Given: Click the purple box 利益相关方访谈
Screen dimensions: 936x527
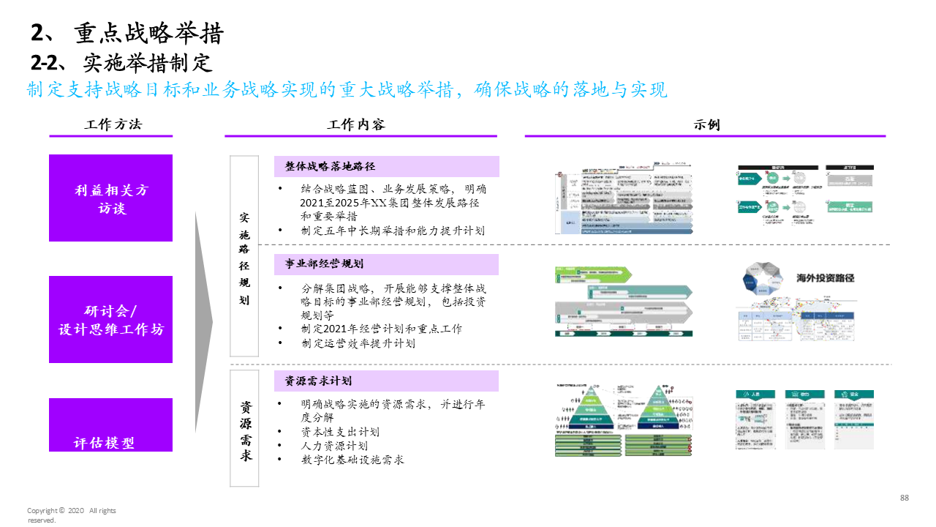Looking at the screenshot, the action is pyautogui.click(x=110, y=198).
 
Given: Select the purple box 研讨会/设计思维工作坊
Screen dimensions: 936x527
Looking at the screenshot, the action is pyautogui.click(x=110, y=319).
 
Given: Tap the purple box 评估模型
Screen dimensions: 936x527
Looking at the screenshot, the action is pyautogui.click(x=110, y=425).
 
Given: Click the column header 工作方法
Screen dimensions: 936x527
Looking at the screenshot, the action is pyautogui.click(x=113, y=124).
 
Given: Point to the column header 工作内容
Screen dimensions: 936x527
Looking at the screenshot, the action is pyautogui.click(x=355, y=124).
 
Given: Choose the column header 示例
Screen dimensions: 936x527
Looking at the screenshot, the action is pyautogui.click(x=706, y=124).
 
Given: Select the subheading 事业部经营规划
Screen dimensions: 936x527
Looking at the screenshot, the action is pyautogui.click(x=324, y=264).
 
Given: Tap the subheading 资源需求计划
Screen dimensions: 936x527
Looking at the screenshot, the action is pyautogui.click(x=318, y=381).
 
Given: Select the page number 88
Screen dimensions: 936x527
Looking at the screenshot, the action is pyautogui.click(x=904, y=498).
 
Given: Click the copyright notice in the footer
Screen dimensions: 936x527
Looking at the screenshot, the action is pyautogui.click(x=71, y=515).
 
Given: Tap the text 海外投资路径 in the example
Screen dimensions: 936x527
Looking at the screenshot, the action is pyautogui.click(x=825, y=278).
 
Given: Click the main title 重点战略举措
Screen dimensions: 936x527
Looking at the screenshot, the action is pyautogui.click(x=148, y=34).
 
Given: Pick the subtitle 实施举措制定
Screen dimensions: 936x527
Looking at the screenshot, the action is pyautogui.click(x=147, y=63).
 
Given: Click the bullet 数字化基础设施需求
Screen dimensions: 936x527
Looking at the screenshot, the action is pyautogui.click(x=352, y=460).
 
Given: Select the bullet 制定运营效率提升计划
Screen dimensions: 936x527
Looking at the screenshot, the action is pyautogui.click(x=358, y=343).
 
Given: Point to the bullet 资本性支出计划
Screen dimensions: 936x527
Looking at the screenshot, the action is pyautogui.click(x=340, y=432).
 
